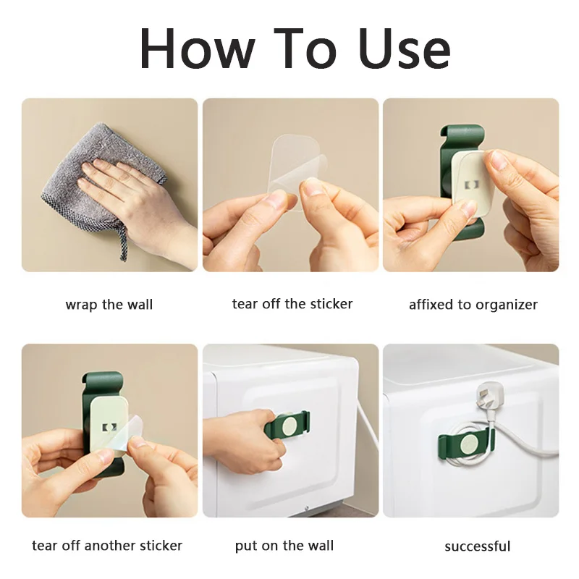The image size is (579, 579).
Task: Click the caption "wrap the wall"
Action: [109, 305]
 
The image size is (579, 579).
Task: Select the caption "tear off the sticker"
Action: [292, 304]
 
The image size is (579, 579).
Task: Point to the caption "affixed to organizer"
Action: [473, 305]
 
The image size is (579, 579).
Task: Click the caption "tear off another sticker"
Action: [107, 546]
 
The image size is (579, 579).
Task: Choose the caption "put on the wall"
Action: [284, 546]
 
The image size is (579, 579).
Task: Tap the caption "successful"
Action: [478, 546]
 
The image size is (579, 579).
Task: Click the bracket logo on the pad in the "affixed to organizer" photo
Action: [472, 185]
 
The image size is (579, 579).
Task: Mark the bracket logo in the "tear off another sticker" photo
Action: [109, 427]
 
